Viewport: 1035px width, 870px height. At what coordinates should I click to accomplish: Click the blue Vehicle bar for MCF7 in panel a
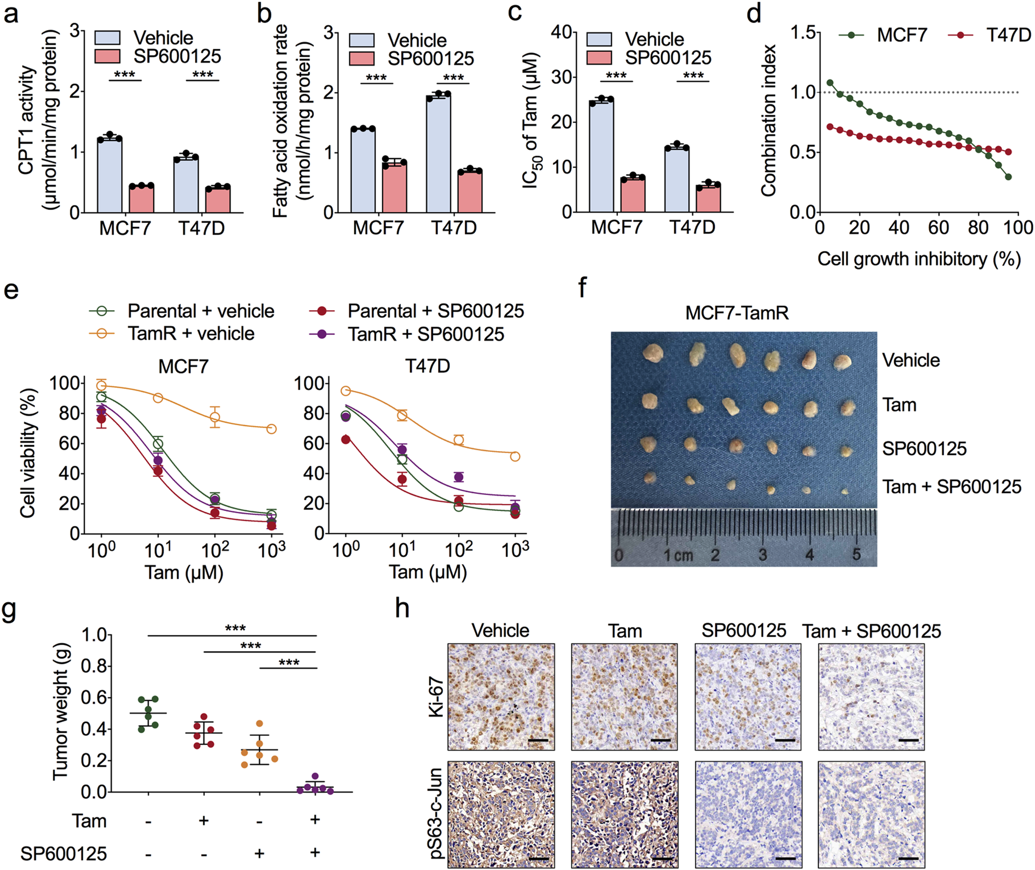pos(110,175)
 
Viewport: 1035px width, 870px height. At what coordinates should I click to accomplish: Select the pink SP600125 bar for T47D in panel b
pos(470,192)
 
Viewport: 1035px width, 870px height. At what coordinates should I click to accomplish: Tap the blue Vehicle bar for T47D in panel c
pos(677,181)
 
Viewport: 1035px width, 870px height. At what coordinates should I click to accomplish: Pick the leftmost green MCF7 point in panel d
pos(830,83)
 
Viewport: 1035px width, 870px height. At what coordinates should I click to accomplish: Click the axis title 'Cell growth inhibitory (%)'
pos(919,259)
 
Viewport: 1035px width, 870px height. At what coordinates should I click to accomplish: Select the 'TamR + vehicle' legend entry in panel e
pos(191,334)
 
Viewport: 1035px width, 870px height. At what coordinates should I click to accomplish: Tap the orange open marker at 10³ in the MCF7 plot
pos(271,429)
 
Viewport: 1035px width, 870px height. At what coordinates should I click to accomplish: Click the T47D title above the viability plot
pos(428,366)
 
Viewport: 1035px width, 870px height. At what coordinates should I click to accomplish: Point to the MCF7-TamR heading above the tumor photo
pos(736,313)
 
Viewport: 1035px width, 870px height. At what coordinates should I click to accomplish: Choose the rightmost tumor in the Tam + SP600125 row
pos(844,491)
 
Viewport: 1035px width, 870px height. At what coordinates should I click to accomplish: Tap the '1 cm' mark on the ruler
pos(678,555)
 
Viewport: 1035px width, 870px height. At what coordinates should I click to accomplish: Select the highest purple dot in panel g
pos(314,776)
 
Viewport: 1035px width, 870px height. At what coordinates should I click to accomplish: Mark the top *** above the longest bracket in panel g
pos(235,628)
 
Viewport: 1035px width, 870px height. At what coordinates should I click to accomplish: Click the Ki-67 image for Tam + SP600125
pos(871,697)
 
